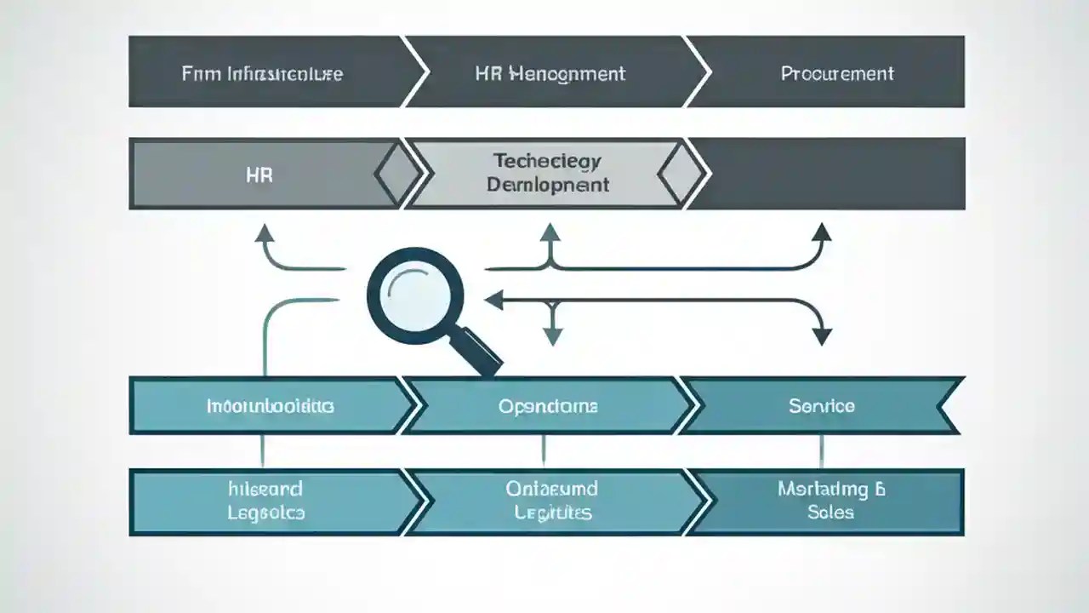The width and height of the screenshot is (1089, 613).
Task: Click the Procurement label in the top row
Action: pyautogui.click(x=837, y=73)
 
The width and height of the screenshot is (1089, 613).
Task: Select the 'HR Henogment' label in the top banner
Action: pyautogui.click(x=550, y=73)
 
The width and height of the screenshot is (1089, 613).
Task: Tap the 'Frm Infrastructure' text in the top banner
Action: pyautogui.click(x=262, y=73)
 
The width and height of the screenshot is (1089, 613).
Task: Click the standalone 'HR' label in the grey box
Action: pyautogui.click(x=259, y=176)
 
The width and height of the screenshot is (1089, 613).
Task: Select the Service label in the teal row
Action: pyautogui.click(x=821, y=406)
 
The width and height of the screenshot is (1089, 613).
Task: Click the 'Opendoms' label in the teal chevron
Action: pyautogui.click(x=548, y=406)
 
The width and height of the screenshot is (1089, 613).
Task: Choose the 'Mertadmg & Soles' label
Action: pyautogui.click(x=829, y=501)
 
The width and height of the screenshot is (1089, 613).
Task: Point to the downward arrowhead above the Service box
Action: pyautogui.click(x=821, y=336)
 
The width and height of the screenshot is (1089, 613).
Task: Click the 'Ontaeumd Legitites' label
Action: pyautogui.click(x=552, y=501)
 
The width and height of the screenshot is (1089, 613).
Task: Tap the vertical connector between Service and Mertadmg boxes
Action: pyautogui.click(x=821, y=451)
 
